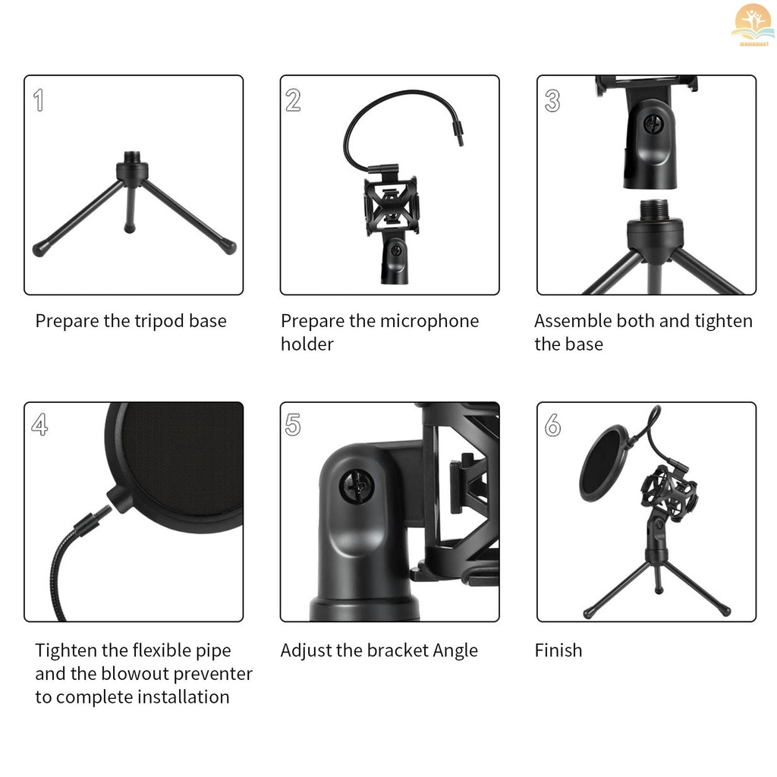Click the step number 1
coord(39,100)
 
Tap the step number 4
coord(39,425)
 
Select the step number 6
coord(552,425)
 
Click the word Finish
coord(558,650)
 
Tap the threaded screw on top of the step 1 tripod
coord(132,158)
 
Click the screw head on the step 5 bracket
coord(357,485)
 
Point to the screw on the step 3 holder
coord(653,124)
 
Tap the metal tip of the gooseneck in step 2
coord(458,134)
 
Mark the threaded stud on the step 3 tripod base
coord(655,210)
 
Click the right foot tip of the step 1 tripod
coord(229,247)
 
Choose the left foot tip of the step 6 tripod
coord(589,613)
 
